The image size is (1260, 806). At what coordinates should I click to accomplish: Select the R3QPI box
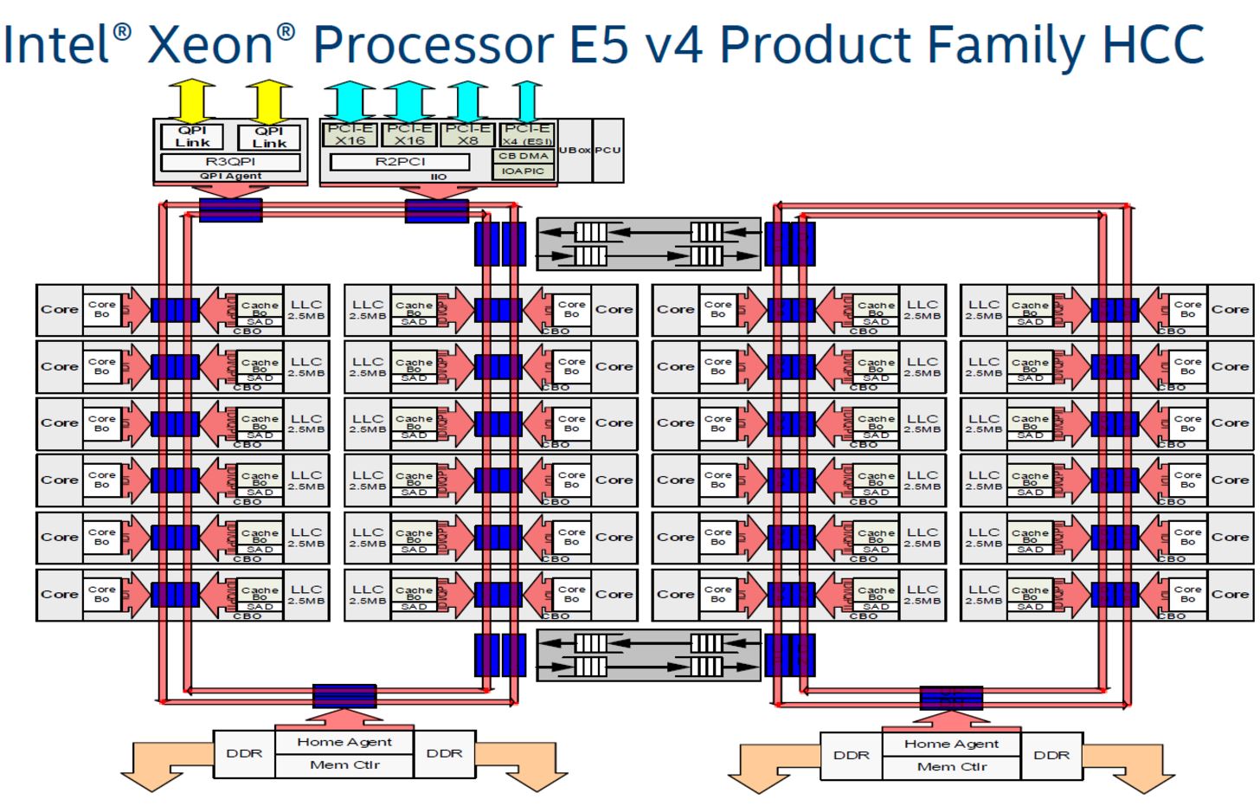pyautogui.click(x=230, y=162)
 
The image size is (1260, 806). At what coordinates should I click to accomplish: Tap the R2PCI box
pyautogui.click(x=400, y=162)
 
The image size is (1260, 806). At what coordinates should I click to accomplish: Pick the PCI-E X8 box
pyautogui.click(x=467, y=134)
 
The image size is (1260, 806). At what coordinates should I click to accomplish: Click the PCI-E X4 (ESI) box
pyautogui.click(x=526, y=134)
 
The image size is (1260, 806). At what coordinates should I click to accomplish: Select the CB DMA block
pyautogui.click(x=524, y=156)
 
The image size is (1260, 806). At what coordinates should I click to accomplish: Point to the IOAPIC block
pyautogui.click(x=524, y=171)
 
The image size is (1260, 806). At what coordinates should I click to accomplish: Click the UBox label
pyautogui.click(x=575, y=150)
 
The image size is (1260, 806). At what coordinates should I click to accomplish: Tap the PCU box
pyautogui.click(x=608, y=150)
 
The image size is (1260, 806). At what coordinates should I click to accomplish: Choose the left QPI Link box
pyautogui.click(x=192, y=137)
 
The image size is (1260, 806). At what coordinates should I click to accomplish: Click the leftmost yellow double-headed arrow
pyautogui.click(x=192, y=100)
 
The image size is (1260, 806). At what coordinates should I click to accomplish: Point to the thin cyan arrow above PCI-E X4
pyautogui.click(x=526, y=100)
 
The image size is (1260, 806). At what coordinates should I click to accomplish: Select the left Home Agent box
pyautogui.click(x=344, y=742)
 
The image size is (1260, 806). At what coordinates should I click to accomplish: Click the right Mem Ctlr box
pyautogui.click(x=952, y=767)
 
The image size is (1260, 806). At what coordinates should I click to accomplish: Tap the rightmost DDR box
pyautogui.click(x=1051, y=755)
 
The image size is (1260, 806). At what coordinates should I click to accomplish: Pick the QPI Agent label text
pyautogui.click(x=230, y=176)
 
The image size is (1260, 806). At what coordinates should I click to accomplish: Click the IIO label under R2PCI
pyautogui.click(x=439, y=177)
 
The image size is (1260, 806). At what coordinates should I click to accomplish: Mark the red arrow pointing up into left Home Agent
pyautogui.click(x=344, y=718)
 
